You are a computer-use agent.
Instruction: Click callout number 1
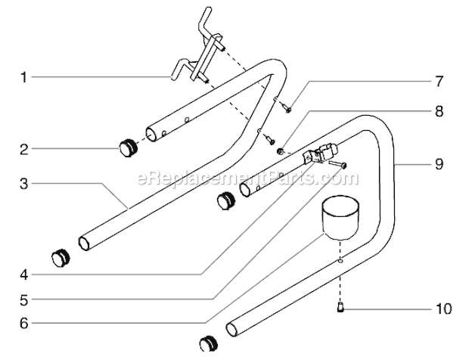(x=23, y=77)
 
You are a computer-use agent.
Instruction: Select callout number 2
(x=24, y=149)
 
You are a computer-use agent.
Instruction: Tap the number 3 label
(x=24, y=184)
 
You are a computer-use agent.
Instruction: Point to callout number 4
(x=24, y=275)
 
